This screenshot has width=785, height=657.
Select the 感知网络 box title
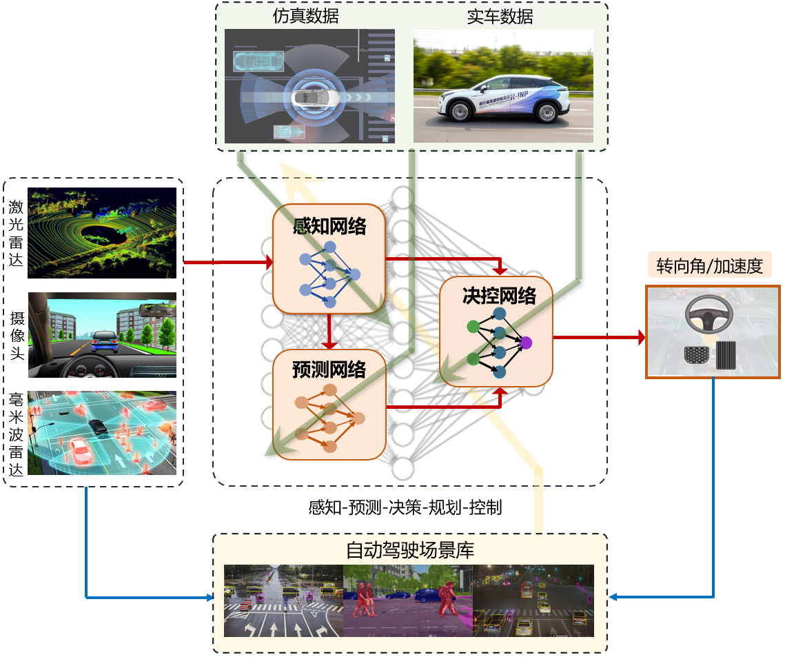pos(329,225)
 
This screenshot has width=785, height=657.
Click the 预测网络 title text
pos(329,370)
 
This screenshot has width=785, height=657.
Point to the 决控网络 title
pos(498,296)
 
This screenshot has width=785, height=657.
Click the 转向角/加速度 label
pos(713,266)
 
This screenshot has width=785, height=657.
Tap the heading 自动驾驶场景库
pos(409,551)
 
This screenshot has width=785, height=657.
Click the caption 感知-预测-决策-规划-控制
pos(405,509)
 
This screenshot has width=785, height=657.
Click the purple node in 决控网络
pos(527,342)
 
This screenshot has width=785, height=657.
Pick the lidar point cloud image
pos(102,232)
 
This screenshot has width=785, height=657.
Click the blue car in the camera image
pos(104,340)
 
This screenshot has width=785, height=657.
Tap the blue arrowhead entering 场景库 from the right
pos(613,597)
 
